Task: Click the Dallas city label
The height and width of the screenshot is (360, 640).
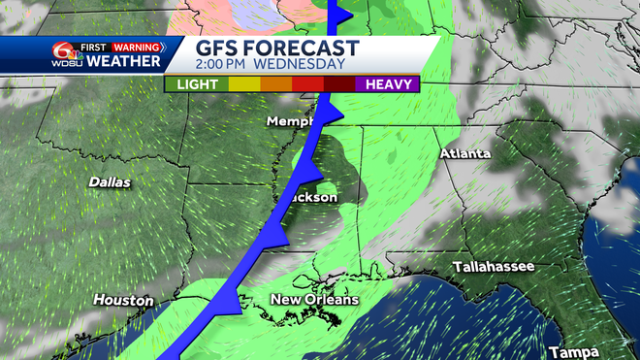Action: click(x=109, y=181)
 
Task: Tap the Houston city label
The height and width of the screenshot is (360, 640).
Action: click(x=123, y=300)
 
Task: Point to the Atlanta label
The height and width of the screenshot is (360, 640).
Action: click(x=465, y=153)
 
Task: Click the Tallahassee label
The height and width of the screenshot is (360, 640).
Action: click(x=494, y=266)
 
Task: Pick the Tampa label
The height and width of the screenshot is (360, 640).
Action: click(x=570, y=351)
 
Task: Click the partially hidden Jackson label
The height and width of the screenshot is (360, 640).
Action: click(x=311, y=197)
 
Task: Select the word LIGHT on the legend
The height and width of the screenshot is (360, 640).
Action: click(x=197, y=83)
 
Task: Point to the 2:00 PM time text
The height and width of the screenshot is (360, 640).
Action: click(x=230, y=65)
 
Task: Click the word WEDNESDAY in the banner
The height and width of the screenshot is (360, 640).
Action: click(x=305, y=65)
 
